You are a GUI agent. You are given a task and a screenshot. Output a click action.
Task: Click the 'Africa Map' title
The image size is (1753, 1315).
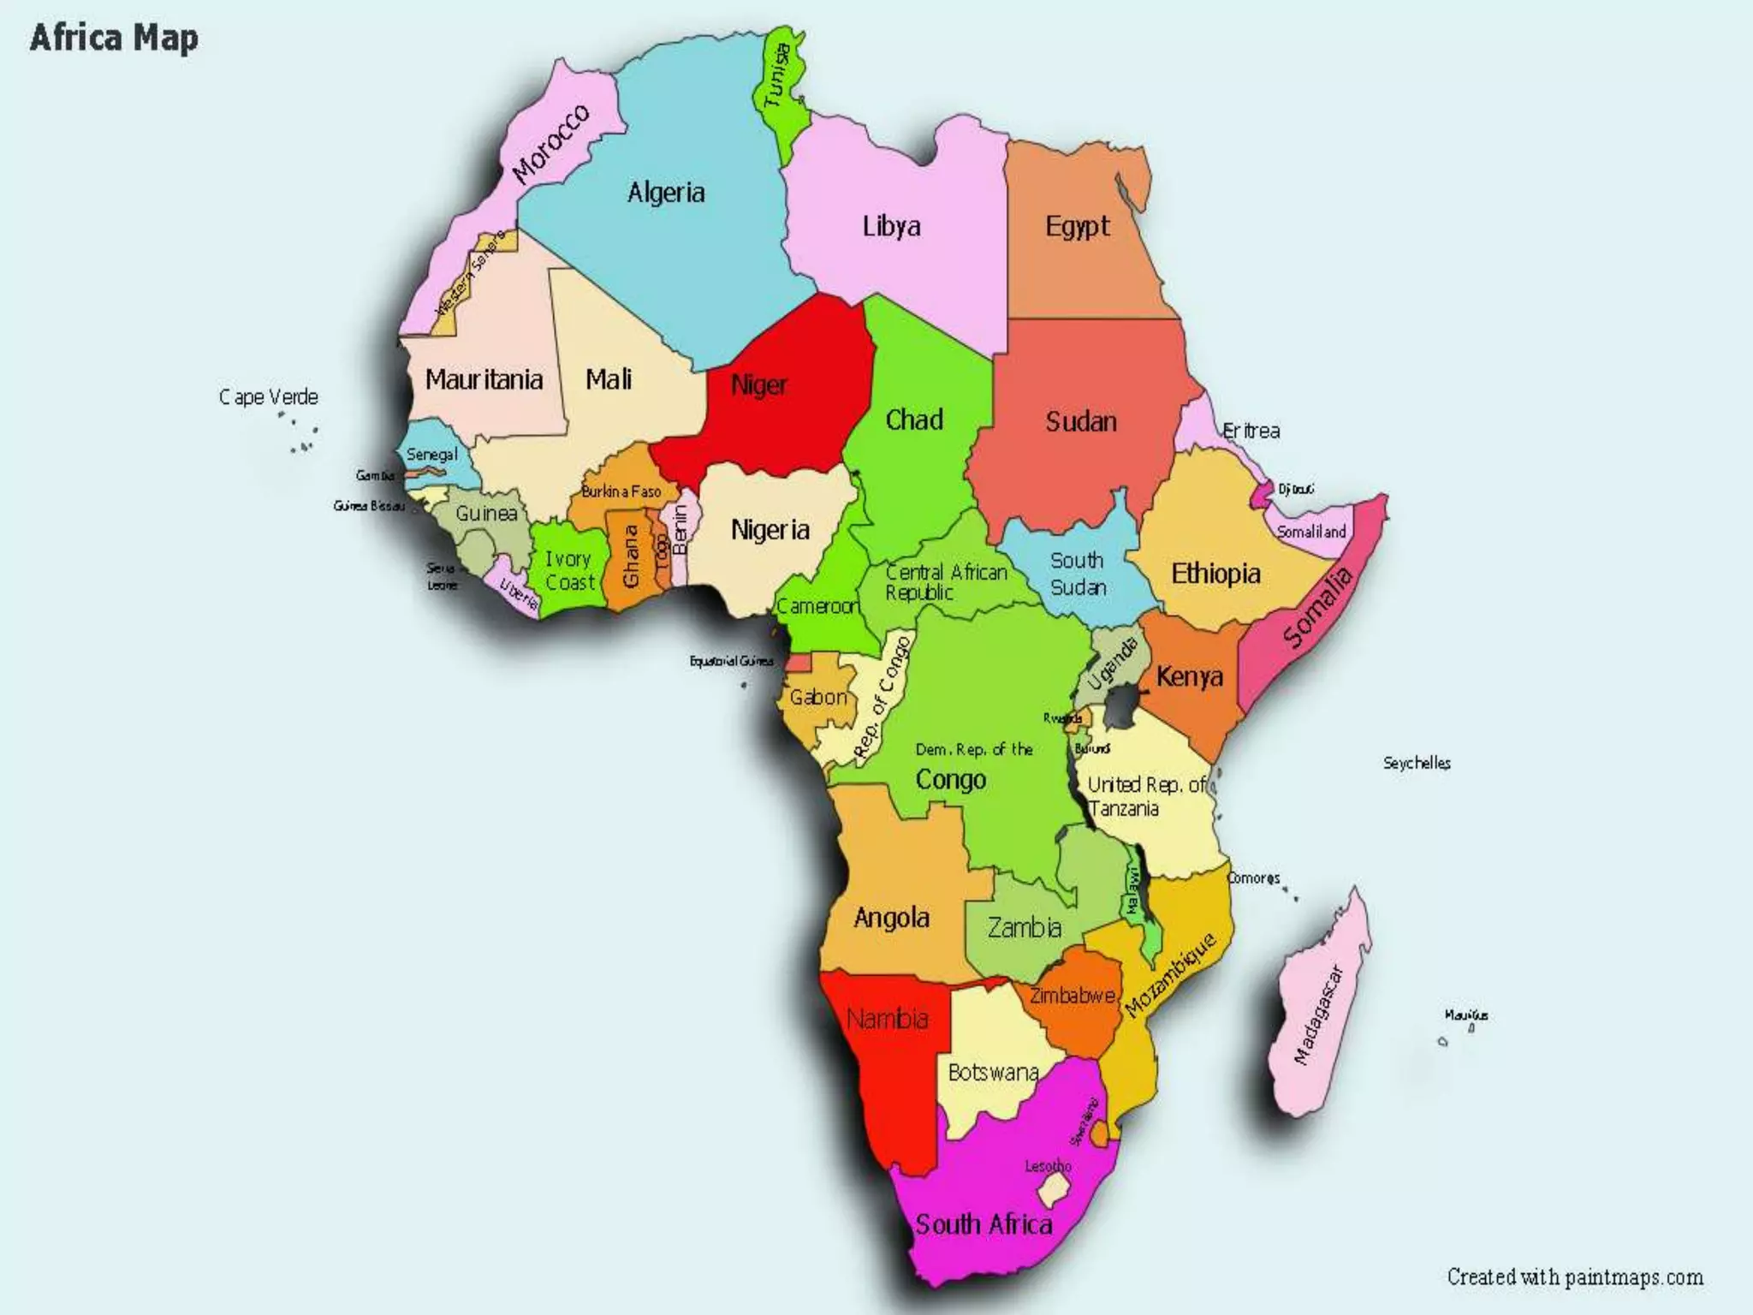click(x=114, y=38)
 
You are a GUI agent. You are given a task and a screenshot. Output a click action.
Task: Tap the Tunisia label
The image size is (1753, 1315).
click(x=777, y=76)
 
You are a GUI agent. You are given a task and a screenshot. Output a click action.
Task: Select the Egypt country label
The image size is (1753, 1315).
click(x=1077, y=227)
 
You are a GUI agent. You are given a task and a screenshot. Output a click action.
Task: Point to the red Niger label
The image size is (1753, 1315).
click(x=758, y=385)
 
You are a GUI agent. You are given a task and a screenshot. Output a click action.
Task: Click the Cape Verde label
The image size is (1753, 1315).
click(x=268, y=397)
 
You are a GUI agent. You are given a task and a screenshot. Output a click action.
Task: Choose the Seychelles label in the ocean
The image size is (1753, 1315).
click(x=1417, y=763)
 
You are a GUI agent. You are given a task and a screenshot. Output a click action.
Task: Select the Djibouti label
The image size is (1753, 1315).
click(x=1296, y=489)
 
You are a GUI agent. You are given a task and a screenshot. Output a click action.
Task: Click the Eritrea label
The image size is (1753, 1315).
click(x=1251, y=431)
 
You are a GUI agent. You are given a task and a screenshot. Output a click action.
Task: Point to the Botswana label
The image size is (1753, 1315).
click(x=993, y=1072)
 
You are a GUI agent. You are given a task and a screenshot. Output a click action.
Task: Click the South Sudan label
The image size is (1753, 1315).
click(x=1078, y=574)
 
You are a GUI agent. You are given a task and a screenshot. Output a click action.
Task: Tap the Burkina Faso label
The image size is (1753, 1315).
click(x=621, y=491)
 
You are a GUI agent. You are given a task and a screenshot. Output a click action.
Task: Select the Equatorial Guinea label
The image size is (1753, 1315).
click(x=731, y=661)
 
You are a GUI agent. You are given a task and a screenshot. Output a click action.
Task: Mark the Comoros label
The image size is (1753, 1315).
click(x=1253, y=878)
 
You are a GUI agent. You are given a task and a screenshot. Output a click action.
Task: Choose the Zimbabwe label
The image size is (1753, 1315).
click(x=1072, y=996)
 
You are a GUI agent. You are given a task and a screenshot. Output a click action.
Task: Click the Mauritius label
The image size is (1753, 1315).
click(x=1466, y=1015)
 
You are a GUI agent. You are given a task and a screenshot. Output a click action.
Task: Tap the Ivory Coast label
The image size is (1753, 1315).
click(x=569, y=570)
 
